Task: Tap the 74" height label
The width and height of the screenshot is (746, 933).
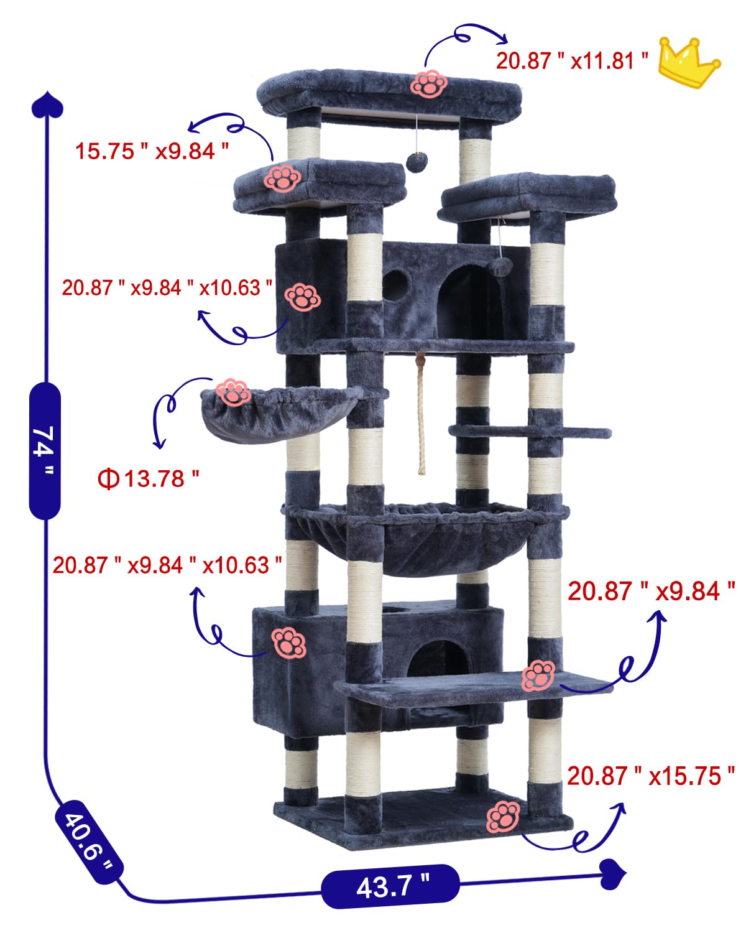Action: pos(45,450)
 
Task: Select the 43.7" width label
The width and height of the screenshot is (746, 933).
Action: pos(391,886)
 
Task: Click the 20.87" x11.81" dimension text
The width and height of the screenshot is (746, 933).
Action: pos(573,61)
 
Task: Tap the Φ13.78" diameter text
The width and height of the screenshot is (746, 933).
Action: pos(149,478)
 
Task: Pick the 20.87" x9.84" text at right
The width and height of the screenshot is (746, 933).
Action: pos(652,591)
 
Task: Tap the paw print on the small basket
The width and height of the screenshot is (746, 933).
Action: pos(233,393)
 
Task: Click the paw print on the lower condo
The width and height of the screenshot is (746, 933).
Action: pos(288,643)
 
